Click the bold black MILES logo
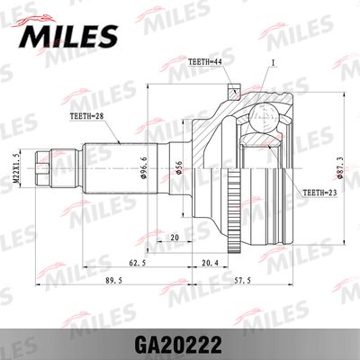[x=66, y=35]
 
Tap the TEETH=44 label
[x=204, y=62]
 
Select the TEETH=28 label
[x=88, y=117]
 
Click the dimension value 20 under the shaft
[x=175, y=238]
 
